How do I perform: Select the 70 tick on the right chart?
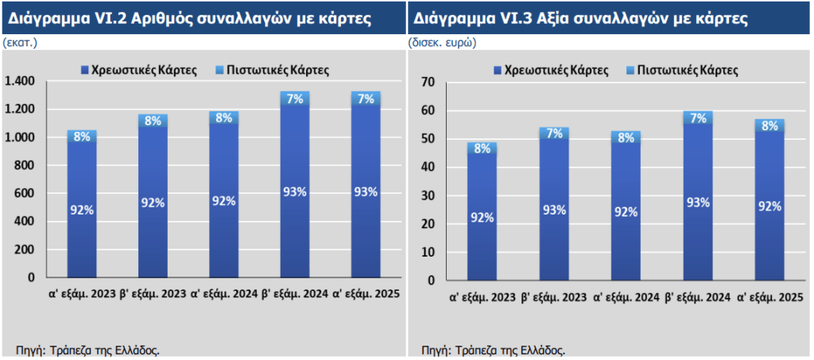point(429,82)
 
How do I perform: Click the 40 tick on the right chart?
point(429,167)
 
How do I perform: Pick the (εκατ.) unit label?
point(21,43)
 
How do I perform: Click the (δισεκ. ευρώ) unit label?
point(442,43)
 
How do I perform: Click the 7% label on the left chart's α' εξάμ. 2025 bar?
point(366,99)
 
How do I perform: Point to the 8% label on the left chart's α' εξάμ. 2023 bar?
point(82,136)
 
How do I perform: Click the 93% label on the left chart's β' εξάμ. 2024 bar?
point(295,192)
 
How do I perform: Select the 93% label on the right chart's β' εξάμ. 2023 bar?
point(554,210)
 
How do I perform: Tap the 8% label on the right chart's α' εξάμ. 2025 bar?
point(769,126)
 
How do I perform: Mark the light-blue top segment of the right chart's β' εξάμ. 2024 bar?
point(697,118)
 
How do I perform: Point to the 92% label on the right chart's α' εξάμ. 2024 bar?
point(626,212)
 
